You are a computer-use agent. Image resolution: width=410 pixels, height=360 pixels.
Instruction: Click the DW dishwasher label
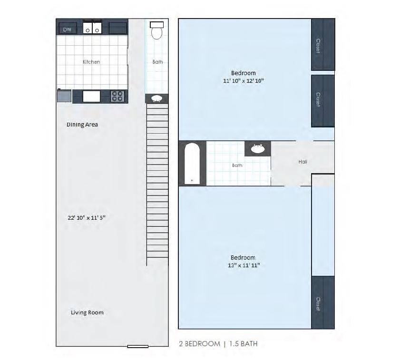[67, 29]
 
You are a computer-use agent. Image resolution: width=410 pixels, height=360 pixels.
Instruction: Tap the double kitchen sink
[92, 28]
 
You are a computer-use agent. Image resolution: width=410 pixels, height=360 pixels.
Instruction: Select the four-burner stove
[117, 96]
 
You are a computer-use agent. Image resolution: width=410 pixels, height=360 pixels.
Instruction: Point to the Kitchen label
[91, 62]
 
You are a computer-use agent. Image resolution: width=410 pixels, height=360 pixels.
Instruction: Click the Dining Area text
[82, 125]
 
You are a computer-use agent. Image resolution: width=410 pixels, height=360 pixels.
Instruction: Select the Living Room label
[87, 312]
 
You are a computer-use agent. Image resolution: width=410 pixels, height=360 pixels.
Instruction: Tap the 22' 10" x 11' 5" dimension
[87, 217]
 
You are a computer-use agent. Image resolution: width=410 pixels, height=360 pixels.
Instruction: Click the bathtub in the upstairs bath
[192, 163]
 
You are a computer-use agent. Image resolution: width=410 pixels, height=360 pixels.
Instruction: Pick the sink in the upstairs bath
[258, 149]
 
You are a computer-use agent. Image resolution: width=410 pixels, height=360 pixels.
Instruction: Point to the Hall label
[303, 162]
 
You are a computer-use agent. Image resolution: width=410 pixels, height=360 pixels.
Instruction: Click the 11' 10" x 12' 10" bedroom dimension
[244, 81]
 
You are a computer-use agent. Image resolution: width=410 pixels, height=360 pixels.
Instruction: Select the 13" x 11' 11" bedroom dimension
[244, 265]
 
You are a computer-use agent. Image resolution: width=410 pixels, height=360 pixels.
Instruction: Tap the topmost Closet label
[318, 46]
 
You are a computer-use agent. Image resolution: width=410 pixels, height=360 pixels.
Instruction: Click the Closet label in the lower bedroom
[318, 304]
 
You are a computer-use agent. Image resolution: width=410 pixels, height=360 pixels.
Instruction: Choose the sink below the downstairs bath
[156, 98]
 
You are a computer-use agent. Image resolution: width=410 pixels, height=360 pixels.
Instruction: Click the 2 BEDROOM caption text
[200, 344]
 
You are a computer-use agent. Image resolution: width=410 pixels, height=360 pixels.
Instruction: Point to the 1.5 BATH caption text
[244, 344]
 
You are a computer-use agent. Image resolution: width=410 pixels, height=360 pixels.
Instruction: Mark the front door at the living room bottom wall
[138, 346]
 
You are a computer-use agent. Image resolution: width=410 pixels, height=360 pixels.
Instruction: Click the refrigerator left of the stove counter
[64, 96]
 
